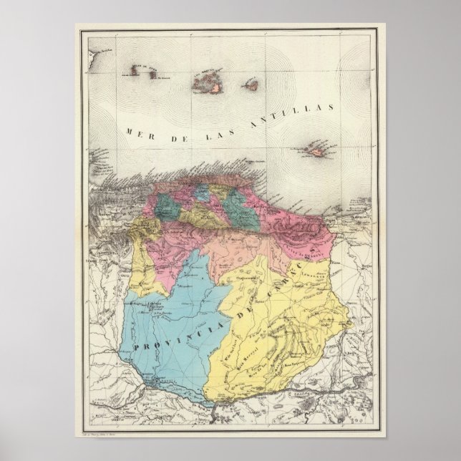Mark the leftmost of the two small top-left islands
pos(135,71)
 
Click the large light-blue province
pos(172,315)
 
